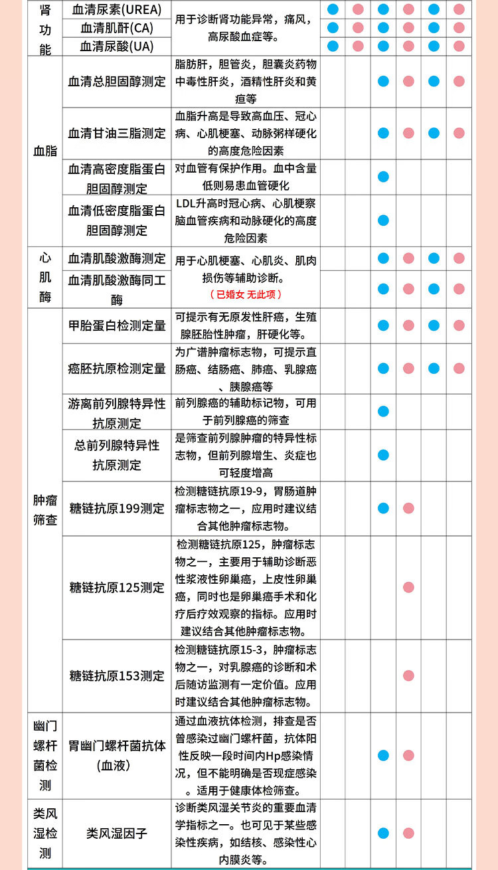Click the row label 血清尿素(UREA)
[x=117, y=10]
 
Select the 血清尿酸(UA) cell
[x=117, y=46]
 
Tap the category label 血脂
[x=45, y=151]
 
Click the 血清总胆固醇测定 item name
[x=117, y=81]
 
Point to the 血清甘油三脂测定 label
[x=117, y=133]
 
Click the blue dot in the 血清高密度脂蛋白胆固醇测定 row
[x=383, y=177]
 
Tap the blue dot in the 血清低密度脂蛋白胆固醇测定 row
[x=383, y=220]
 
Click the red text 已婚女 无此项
[x=246, y=294]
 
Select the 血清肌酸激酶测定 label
[x=117, y=258]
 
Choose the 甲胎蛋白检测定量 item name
[x=117, y=325]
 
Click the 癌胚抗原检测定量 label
[x=117, y=369]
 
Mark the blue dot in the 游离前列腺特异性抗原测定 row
[x=383, y=412]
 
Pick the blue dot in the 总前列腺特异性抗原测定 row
[x=383, y=455]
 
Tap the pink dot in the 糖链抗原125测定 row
[x=408, y=587]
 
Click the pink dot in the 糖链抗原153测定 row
[x=408, y=675]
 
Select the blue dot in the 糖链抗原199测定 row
[x=383, y=508]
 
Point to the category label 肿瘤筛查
[x=45, y=510]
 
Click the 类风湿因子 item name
[x=117, y=833]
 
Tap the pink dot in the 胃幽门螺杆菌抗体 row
[x=408, y=755]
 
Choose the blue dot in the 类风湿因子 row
[x=383, y=833]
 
